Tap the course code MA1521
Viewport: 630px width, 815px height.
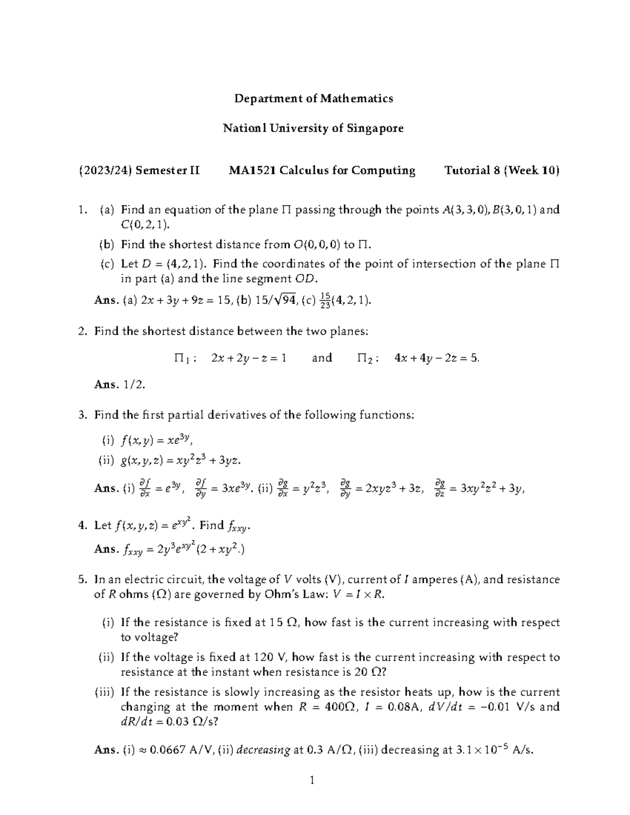249,171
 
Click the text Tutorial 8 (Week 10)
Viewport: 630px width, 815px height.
502,171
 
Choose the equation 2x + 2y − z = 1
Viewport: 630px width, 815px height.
248,358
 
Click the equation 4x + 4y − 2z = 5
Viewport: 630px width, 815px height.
437,358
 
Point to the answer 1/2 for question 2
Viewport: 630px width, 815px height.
134,385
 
